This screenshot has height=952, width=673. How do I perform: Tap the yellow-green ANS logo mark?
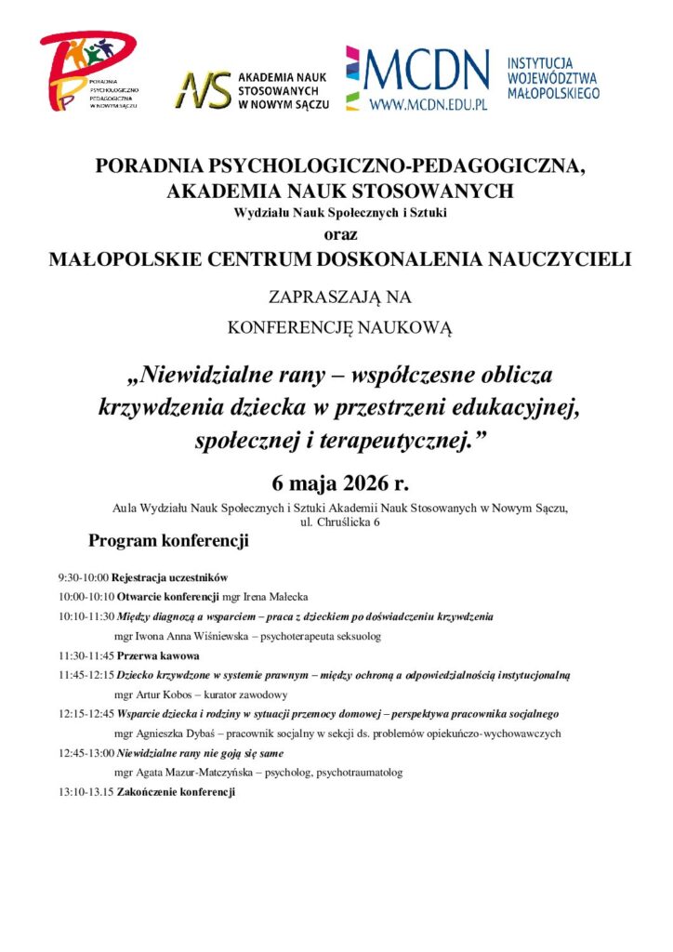[205, 88]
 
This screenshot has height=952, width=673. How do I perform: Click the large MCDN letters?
[429, 69]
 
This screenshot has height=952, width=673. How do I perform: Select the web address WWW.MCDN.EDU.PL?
[429, 105]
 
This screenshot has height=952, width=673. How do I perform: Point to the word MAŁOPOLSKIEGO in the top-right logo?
[553, 93]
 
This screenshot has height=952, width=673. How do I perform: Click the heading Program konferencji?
[168, 540]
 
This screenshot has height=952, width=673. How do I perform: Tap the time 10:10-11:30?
[86, 616]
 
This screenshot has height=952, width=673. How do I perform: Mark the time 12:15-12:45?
[86, 714]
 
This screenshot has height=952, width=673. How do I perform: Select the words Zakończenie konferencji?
[176, 792]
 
